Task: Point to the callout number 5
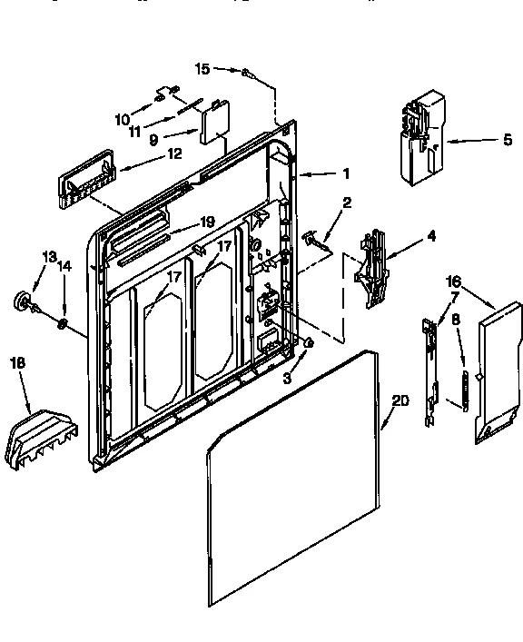pyautogui.click(x=483, y=140)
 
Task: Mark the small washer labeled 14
pyautogui.click(x=62, y=323)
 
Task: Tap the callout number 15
pyautogui.click(x=202, y=68)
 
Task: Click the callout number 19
pyautogui.click(x=207, y=222)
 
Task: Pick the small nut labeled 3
pyautogui.click(x=309, y=343)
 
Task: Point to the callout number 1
pyautogui.click(x=345, y=173)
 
